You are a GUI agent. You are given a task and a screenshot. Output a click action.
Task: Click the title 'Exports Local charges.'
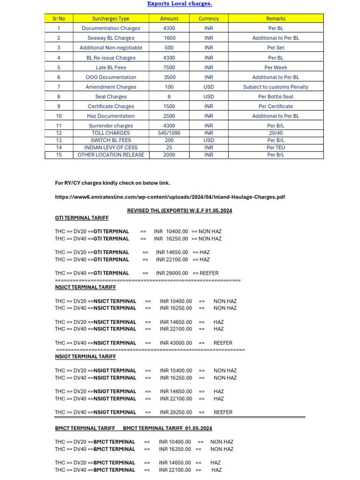(180, 4)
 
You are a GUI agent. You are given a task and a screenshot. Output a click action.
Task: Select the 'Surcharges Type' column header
(111, 19)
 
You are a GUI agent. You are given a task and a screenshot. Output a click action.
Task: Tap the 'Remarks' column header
(276, 19)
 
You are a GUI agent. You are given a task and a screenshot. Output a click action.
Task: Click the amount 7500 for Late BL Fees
(169, 67)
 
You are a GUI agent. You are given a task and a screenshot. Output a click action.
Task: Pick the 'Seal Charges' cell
(111, 97)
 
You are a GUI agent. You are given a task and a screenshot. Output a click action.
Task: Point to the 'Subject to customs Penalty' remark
(276, 87)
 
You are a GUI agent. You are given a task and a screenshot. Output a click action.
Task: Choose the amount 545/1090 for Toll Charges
(169, 133)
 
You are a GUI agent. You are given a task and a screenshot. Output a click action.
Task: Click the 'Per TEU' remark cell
(276, 148)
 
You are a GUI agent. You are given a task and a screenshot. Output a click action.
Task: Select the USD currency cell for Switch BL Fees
(209, 140)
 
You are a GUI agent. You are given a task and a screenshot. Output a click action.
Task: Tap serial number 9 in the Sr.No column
(59, 106)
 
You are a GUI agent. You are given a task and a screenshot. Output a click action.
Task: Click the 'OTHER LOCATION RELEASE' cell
(111, 155)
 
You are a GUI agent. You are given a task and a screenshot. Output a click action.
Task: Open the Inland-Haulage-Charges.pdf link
(170, 197)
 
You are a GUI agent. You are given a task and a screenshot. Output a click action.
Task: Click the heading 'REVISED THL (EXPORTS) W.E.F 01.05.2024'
(180, 210)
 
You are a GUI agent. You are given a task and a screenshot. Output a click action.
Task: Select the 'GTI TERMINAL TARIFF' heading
(82, 218)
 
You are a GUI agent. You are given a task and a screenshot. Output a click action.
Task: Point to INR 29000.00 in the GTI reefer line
(172, 273)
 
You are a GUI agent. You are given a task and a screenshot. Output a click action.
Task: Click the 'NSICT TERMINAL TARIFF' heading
(85, 287)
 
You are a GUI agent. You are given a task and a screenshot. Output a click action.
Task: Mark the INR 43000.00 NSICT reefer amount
(176, 343)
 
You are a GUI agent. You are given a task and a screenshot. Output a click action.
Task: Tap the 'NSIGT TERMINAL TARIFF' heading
(85, 357)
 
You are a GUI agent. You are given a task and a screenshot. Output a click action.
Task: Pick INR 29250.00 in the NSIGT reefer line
(176, 412)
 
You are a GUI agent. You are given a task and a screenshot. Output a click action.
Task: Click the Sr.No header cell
(59, 19)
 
